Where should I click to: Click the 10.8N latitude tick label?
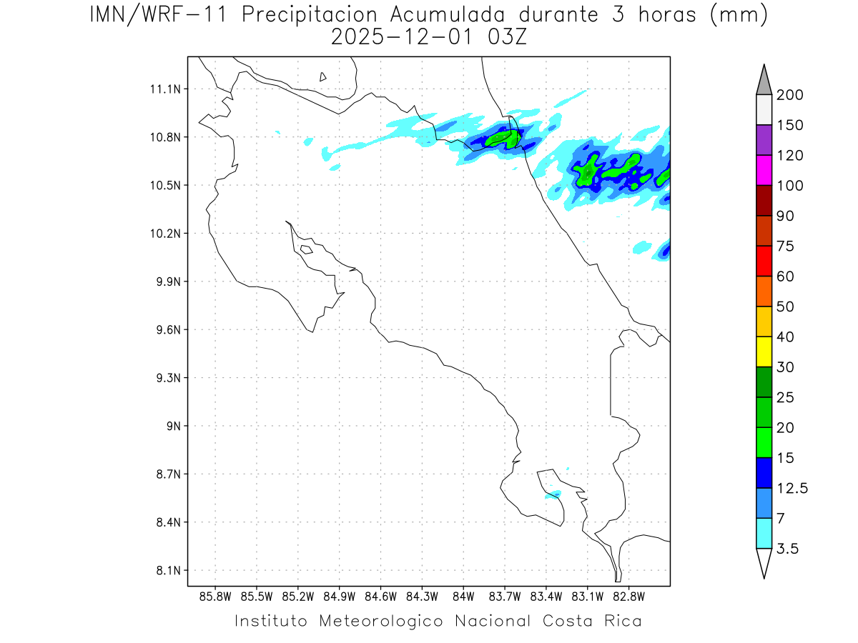[164, 137]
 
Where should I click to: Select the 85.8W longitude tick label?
[216, 596]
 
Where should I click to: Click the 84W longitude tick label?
[463, 596]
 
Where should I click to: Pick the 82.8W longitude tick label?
[628, 596]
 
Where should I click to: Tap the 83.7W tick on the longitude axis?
[505, 596]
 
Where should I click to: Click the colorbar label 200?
[789, 95]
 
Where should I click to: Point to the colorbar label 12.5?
[792, 488]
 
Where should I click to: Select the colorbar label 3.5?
[788, 549]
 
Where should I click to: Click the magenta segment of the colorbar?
[764, 171]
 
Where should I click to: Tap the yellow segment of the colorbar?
[764, 352]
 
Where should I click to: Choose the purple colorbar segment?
[764, 140]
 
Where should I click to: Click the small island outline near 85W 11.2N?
[323, 76]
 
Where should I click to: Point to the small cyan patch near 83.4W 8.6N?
[553, 494]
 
